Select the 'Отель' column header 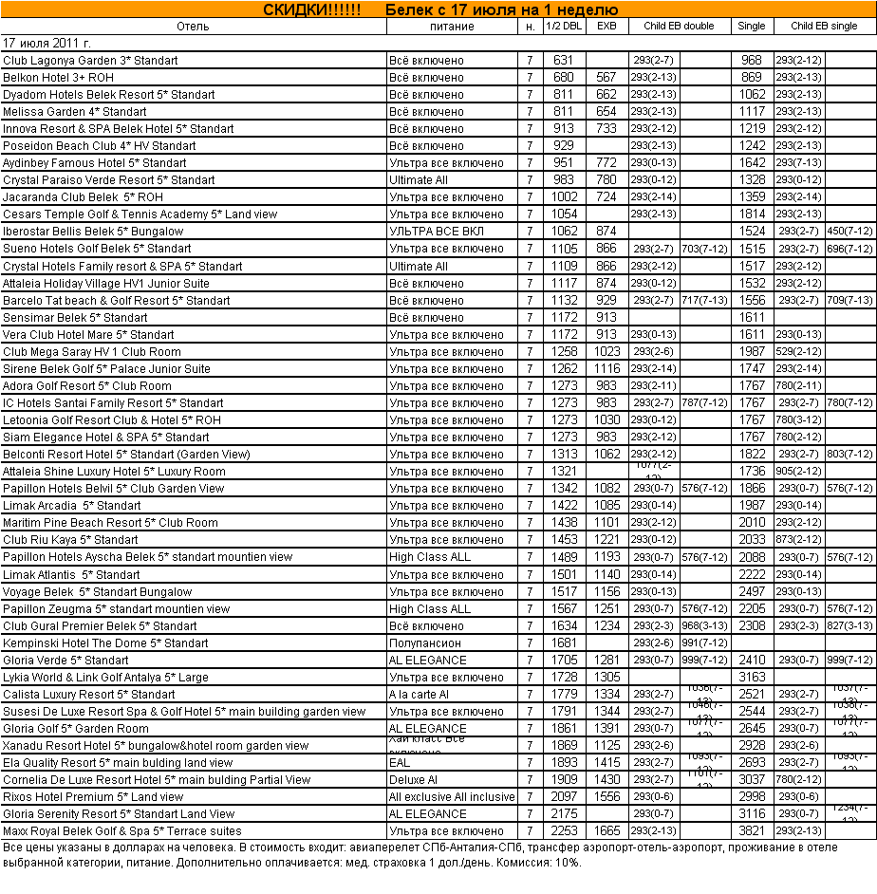[x=193, y=27]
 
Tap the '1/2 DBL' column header [x=564, y=27]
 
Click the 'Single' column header [x=751, y=27]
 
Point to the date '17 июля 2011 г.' [x=47, y=44]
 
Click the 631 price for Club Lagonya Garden [x=564, y=61]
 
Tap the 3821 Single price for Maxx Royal [x=752, y=831]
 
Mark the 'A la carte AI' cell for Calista [x=420, y=695]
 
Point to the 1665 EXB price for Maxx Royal [x=606, y=831]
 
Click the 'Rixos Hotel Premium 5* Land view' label [x=93, y=797]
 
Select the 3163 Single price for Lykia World [x=752, y=678]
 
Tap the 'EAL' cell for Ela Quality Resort [x=400, y=763]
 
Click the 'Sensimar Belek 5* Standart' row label [x=75, y=317]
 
